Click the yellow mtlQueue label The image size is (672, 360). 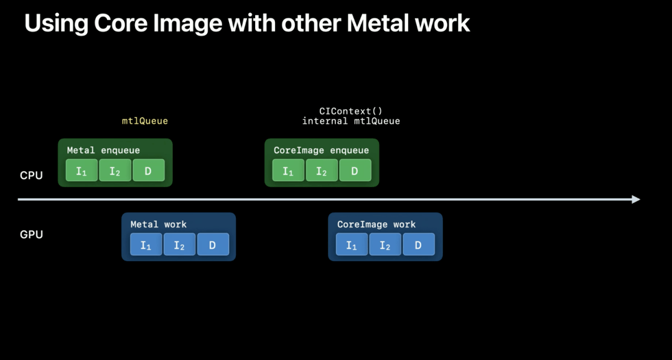click(144, 121)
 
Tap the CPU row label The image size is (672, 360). click(31, 175)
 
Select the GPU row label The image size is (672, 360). click(31, 234)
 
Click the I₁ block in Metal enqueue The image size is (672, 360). click(82, 170)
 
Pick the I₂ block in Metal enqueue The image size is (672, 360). click(115, 170)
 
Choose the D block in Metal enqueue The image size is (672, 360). click(148, 170)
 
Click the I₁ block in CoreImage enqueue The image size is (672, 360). click(288, 170)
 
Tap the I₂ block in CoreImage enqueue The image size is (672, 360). click(322, 170)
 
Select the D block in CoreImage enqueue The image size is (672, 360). click(355, 170)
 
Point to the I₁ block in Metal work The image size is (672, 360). click(146, 245)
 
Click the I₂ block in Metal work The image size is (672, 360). click(179, 245)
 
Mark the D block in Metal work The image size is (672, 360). click(213, 245)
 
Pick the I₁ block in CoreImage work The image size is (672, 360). click(352, 245)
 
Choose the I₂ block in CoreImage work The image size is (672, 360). click(385, 245)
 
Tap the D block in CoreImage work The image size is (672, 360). click(418, 245)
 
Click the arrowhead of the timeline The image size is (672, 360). click(636, 200)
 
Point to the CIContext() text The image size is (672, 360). click(351, 111)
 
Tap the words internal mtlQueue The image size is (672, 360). click(351, 121)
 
